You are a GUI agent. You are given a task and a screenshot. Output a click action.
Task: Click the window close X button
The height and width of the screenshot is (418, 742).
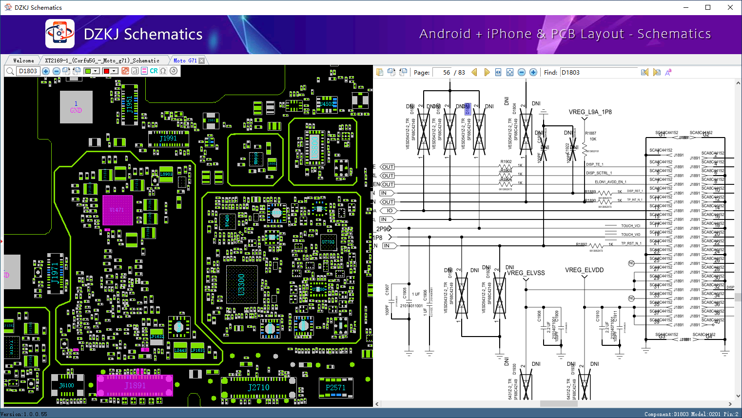pyautogui.click(x=730, y=7)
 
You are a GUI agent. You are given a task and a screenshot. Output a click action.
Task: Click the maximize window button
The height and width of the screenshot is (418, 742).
pyautogui.click(x=708, y=7)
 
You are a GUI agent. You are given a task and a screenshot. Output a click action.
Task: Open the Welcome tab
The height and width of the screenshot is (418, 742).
pyautogui.click(x=23, y=60)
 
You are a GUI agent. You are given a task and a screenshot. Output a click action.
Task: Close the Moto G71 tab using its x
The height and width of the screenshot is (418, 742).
pyautogui.click(x=202, y=61)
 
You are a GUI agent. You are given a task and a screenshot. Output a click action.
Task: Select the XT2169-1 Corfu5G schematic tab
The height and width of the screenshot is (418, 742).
pyautogui.click(x=102, y=60)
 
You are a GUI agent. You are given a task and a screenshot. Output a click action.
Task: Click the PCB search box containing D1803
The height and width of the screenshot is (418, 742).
pyautogui.click(x=28, y=71)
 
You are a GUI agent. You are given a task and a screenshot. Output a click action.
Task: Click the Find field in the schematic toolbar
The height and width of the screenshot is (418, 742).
pyautogui.click(x=598, y=72)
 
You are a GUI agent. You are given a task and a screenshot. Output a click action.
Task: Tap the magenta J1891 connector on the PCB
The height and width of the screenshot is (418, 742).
pyautogui.click(x=135, y=385)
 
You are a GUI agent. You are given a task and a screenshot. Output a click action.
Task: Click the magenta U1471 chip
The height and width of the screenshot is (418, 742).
pyautogui.click(x=117, y=210)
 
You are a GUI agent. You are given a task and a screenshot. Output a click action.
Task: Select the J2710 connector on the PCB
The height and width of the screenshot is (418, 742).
pyautogui.click(x=258, y=387)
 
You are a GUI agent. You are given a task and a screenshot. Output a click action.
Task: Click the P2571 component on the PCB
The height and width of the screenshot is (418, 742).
pyautogui.click(x=335, y=387)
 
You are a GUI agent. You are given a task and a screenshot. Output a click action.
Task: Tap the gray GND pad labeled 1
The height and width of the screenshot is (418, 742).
pyautogui.click(x=76, y=107)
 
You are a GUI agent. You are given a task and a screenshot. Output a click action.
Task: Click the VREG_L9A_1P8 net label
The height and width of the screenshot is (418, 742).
pyautogui.click(x=590, y=112)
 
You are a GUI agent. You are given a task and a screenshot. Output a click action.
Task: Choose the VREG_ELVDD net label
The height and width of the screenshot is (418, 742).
pyautogui.click(x=584, y=270)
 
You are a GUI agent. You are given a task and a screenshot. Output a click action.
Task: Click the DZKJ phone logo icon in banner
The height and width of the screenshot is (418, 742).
pyautogui.click(x=60, y=34)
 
